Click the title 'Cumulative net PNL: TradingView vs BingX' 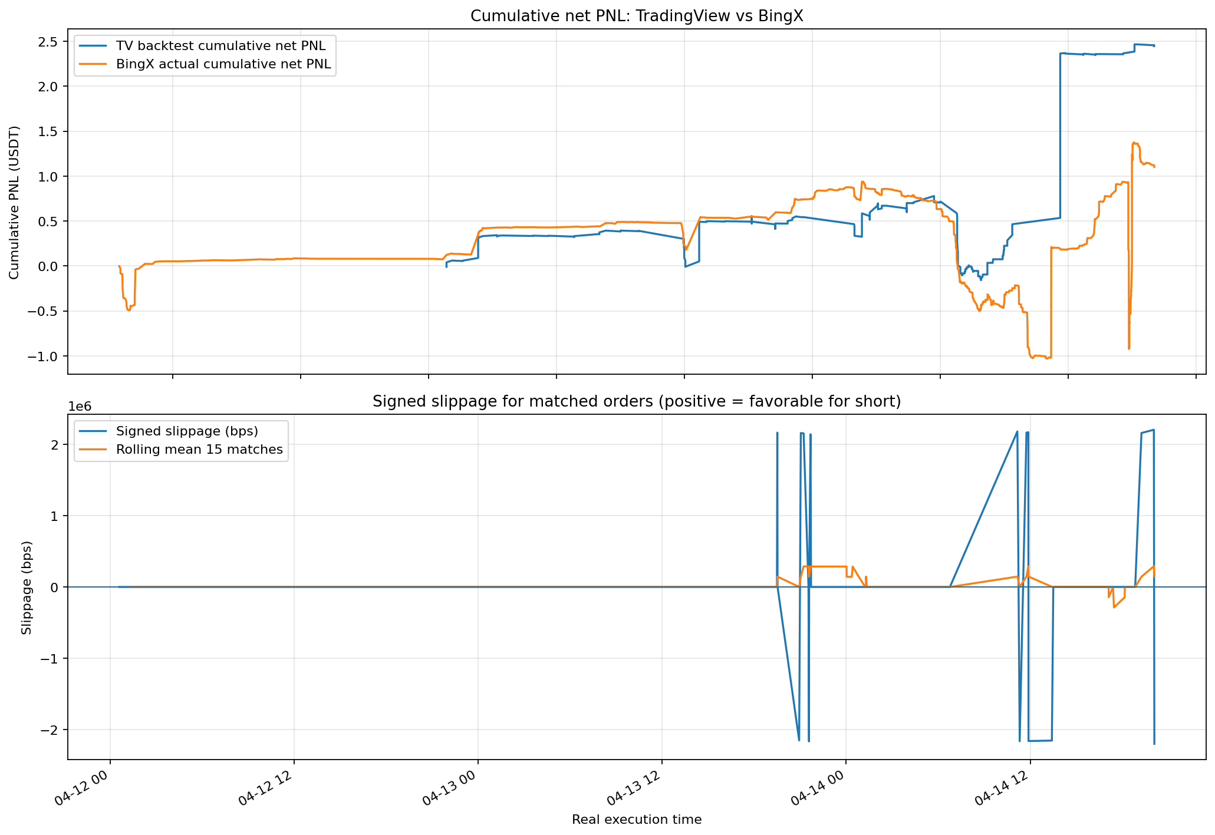(x=637, y=16)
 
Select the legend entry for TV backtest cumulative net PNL (x=220, y=45)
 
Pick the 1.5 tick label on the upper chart (x=50, y=132)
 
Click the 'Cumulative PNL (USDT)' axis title (x=14, y=202)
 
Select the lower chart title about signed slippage (x=637, y=402)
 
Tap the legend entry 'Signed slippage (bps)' (x=187, y=431)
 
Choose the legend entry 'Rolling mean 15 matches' (x=199, y=450)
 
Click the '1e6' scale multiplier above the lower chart (x=80, y=407)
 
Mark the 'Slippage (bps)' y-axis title (x=27, y=588)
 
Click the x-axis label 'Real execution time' (x=637, y=820)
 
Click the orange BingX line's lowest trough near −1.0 (x=1032, y=358)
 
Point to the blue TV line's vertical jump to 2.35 (x=1061, y=136)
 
